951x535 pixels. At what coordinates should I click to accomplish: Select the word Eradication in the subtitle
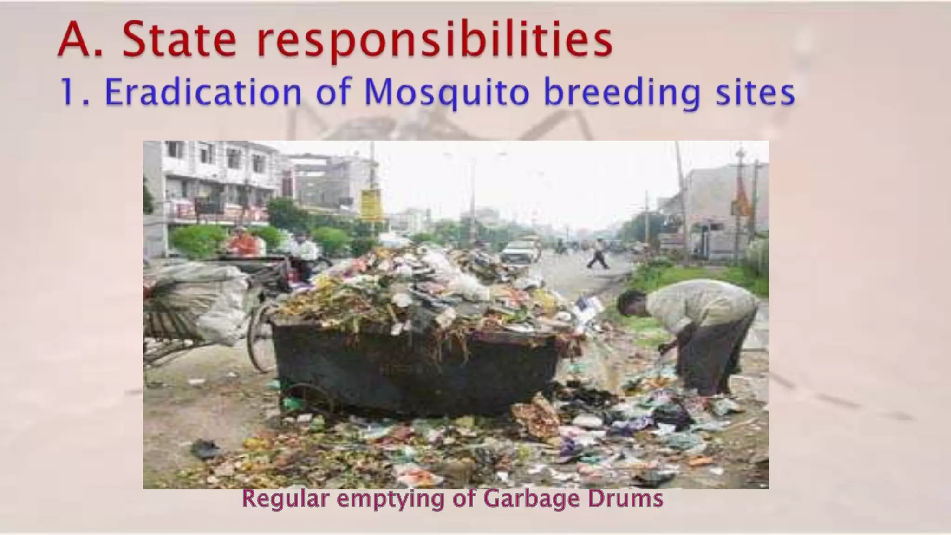click(x=203, y=92)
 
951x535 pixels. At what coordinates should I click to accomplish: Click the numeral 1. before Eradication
click(x=72, y=92)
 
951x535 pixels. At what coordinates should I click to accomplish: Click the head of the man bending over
click(x=632, y=304)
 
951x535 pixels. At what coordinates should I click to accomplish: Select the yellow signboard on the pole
click(x=370, y=204)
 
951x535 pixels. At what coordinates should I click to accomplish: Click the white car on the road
click(x=518, y=252)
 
